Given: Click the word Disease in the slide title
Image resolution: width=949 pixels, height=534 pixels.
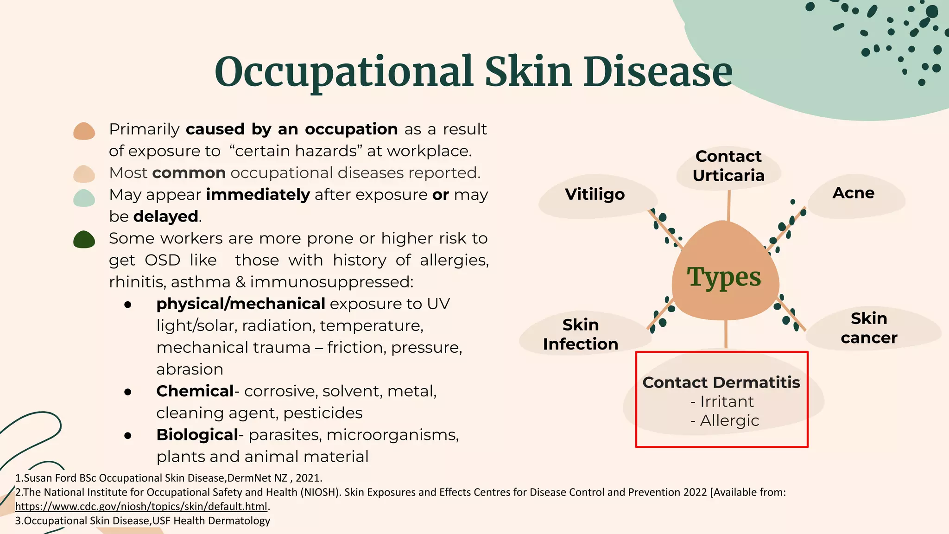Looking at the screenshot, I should pos(658,72).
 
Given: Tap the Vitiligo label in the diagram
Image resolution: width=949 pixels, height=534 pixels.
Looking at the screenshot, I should pos(595,194).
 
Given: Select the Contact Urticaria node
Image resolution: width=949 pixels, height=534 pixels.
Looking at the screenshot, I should pos(728,166).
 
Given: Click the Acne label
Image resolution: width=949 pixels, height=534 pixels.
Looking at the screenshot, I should pos(853,193).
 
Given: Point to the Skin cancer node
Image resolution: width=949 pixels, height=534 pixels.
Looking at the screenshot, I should pos(869,328).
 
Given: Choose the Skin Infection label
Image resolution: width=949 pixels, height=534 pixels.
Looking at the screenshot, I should pos(581,334).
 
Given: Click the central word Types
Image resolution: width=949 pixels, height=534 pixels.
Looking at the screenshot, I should pos(724,277).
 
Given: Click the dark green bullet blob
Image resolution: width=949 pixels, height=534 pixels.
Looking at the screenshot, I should pos(84,240).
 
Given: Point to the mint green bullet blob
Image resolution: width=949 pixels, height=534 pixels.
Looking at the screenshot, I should pos(84,198).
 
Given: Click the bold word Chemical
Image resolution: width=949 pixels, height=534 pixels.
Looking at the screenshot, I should pos(195,391).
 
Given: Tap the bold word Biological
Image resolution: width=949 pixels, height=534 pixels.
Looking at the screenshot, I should pos(197,435).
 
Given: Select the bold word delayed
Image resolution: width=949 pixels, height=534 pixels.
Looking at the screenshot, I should pos(166,216).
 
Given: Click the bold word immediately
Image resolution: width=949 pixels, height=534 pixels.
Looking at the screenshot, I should pos(258,195).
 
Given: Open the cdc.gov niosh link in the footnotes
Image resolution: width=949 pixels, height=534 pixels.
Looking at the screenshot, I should pos(141,506).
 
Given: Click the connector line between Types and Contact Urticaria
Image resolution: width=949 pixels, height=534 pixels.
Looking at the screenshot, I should pos(728,205).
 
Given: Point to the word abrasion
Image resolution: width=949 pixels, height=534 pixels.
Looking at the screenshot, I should pos(190,369).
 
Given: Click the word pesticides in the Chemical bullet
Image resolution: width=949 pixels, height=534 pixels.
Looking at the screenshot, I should pos(323,413).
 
